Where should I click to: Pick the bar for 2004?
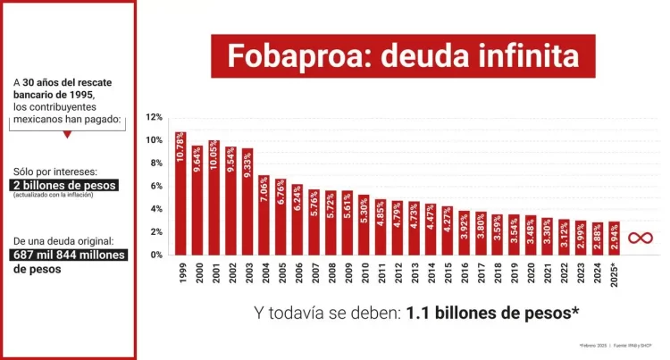point(264,215)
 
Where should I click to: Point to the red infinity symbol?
point(639,238)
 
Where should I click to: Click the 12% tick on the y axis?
point(154,117)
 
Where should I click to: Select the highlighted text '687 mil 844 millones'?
point(69,255)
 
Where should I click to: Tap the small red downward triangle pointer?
point(67,135)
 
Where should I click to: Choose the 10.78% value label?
point(181,147)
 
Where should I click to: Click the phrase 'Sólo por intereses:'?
point(50,171)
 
